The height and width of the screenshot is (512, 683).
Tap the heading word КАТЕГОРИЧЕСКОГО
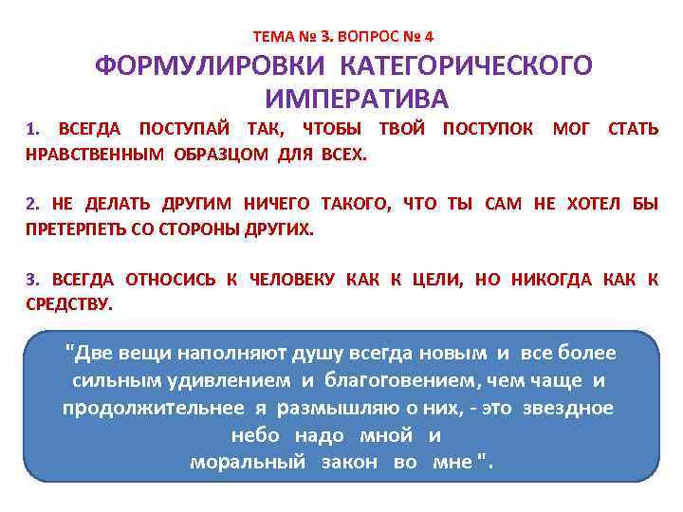[466, 67]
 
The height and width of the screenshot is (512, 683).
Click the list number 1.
[30, 129]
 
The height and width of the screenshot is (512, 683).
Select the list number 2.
[31, 203]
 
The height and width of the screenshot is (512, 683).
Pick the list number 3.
[31, 278]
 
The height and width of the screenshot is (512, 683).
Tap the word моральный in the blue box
[248, 463]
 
